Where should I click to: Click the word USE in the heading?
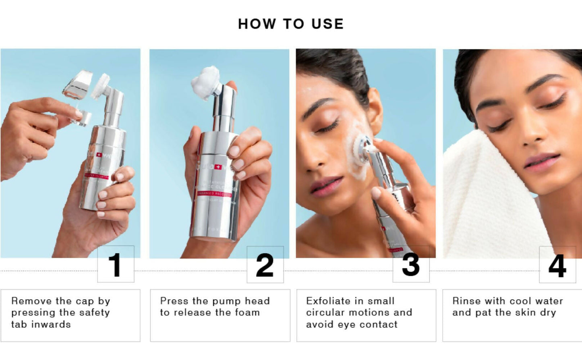point(327,24)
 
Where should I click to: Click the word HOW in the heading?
point(257,24)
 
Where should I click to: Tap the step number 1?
point(115,265)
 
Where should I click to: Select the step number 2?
point(265,265)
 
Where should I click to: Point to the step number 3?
point(410,265)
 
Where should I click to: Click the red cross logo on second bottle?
point(218,167)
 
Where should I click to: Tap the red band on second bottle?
point(214,194)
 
